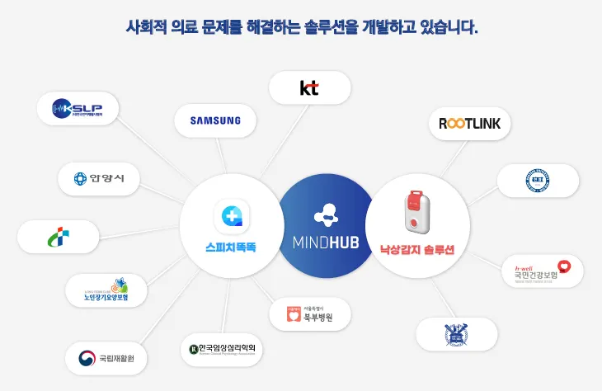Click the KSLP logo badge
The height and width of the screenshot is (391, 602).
[79, 107]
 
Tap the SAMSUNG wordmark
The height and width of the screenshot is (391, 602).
[215, 120]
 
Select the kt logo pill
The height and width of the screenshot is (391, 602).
[309, 87]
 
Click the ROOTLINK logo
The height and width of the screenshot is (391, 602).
[470, 124]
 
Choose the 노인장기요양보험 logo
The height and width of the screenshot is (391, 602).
[108, 289]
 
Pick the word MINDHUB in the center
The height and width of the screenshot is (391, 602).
[326, 243]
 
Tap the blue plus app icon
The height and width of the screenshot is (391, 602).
[232, 216]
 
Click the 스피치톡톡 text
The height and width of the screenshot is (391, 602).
[232, 246]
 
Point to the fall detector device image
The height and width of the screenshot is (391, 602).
[417, 213]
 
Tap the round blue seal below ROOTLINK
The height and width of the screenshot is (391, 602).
[538, 181]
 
